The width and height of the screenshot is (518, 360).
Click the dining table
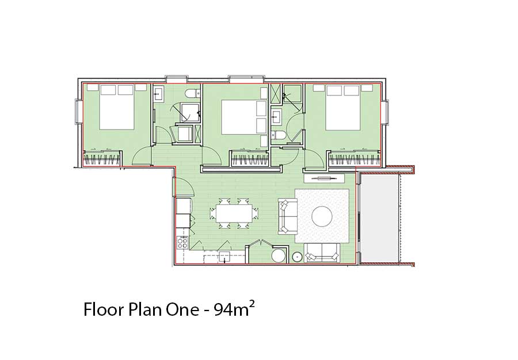[234, 213]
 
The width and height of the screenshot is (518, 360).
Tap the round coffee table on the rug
[322, 216]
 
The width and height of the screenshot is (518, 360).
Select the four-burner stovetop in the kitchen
[182, 243]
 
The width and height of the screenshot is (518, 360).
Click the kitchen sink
[224, 256]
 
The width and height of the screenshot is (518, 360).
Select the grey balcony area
[379, 219]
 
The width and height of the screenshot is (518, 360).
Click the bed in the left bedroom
[117, 107]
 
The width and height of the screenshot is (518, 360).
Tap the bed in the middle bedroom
[244, 117]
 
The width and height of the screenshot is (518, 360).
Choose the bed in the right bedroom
[343, 108]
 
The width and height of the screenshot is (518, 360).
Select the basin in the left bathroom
[158, 93]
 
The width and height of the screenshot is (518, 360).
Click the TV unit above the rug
[324, 178]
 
